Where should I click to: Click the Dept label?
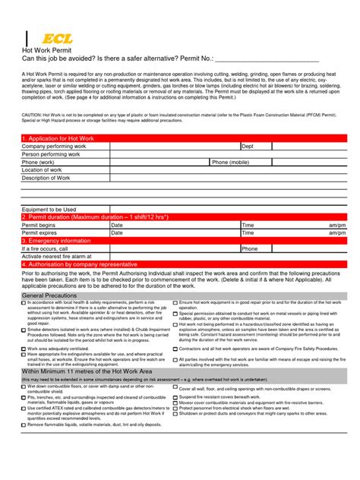(x=248, y=146)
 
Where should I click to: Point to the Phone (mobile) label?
(x=230, y=162)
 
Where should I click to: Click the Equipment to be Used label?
(x=49, y=209)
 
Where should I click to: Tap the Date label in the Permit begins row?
(x=117, y=226)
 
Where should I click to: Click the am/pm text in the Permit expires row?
(x=337, y=233)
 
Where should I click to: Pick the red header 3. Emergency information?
(x=57, y=241)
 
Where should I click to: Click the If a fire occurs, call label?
(x=45, y=248)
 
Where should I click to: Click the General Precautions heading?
(x=49, y=295)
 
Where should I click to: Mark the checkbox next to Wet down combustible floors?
(x=24, y=386)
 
